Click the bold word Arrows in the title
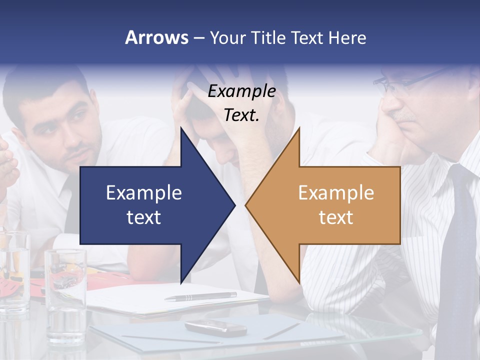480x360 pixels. point(156,37)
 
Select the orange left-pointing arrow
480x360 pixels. point(340,205)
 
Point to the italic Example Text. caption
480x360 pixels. point(241,103)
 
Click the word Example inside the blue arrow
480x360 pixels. point(144,193)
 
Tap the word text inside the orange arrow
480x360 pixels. point(336,217)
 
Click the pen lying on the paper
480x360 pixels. point(200,296)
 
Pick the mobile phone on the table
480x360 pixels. point(215,327)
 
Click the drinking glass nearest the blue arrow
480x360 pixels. point(65,290)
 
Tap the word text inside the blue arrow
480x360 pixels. point(144,217)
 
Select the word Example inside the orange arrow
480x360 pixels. point(336,193)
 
